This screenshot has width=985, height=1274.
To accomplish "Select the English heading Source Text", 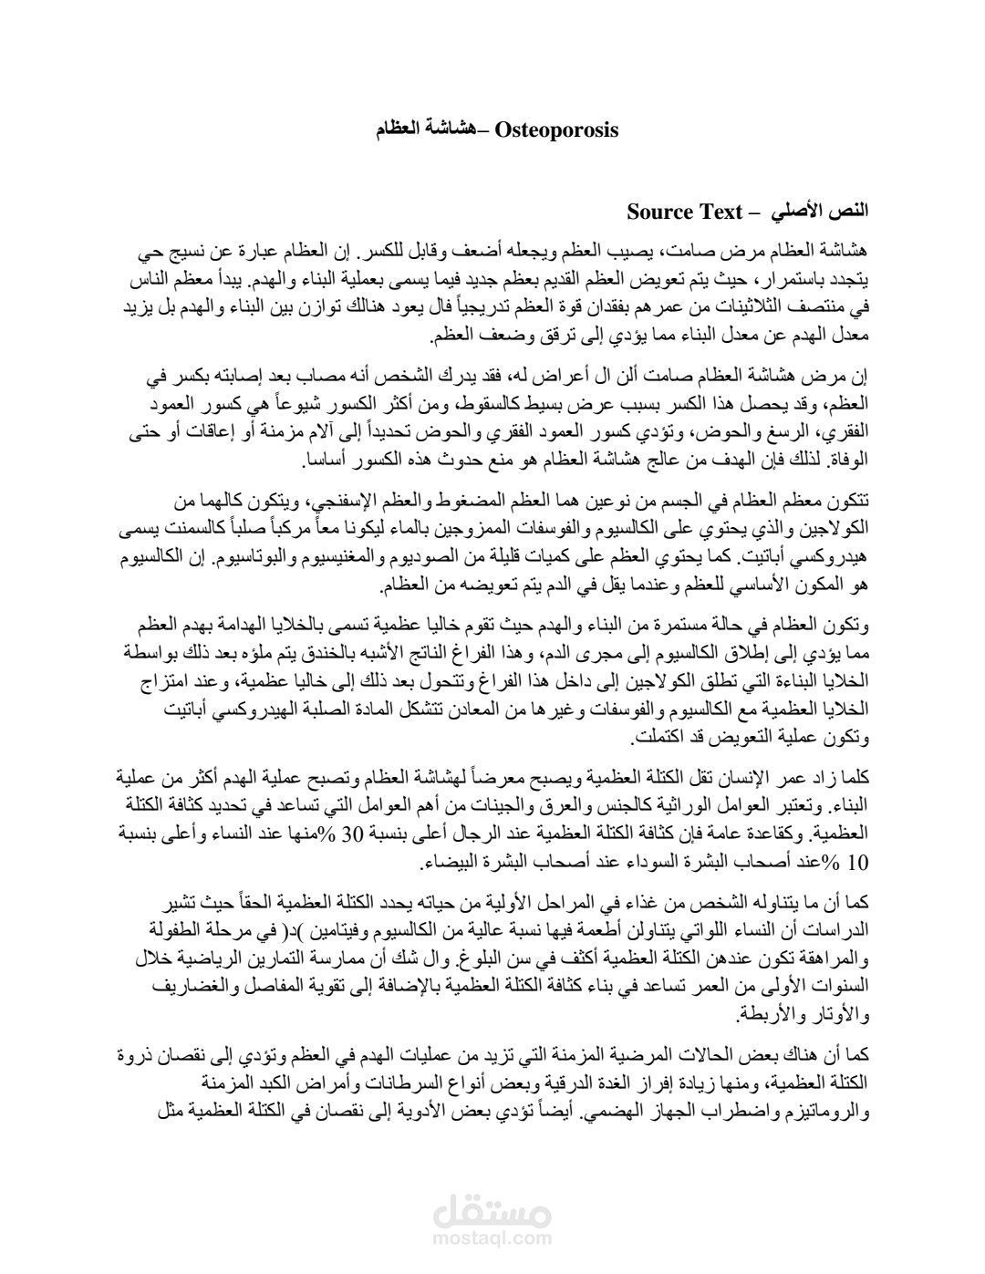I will point(686,212).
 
